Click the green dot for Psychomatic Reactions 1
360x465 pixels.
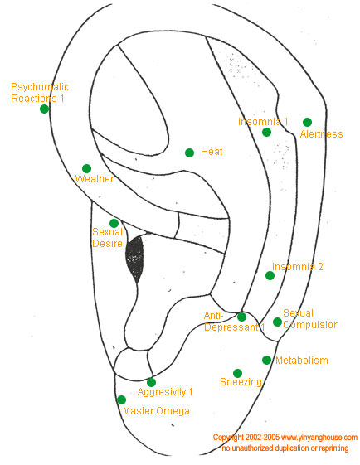[x=44, y=109]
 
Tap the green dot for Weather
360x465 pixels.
[x=86, y=168]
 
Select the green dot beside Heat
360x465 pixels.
[x=189, y=153]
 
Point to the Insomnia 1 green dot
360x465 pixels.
[x=266, y=132]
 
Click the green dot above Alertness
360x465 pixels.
[x=307, y=122]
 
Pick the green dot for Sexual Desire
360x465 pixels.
[x=114, y=223]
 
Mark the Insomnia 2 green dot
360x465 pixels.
[x=270, y=275]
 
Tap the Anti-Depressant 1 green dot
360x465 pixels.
[x=242, y=317]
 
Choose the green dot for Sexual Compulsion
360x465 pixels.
[x=277, y=322]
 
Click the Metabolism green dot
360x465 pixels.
[x=266, y=360]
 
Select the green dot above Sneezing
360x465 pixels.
[x=237, y=373]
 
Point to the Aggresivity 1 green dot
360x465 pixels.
[x=151, y=382]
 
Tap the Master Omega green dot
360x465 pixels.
[x=121, y=400]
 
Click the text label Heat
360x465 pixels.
[x=212, y=152]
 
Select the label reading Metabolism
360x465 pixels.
[x=302, y=361]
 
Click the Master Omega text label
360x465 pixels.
[x=157, y=411]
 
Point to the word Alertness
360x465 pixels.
[x=321, y=134]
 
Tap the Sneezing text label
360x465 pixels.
[x=241, y=382]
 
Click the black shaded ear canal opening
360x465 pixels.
[x=134, y=258]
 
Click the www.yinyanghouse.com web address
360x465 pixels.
[x=319, y=438]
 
